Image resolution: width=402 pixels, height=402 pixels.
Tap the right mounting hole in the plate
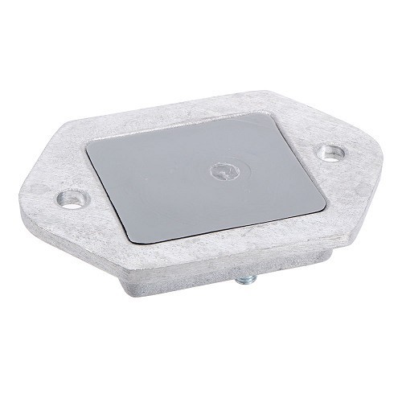pyautogui.click(x=328, y=152)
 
